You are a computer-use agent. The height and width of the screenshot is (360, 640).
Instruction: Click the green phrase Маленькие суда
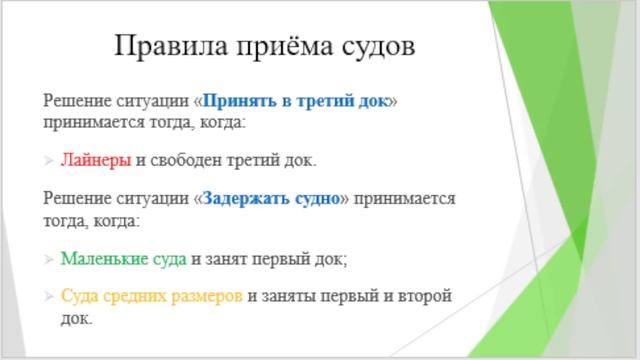tap(123, 258)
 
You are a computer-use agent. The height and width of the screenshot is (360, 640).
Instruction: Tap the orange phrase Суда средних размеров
tap(151, 297)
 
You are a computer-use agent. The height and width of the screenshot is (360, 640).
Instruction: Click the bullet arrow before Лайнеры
tap(50, 160)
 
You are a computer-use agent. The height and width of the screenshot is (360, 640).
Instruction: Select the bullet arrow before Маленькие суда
tap(50, 259)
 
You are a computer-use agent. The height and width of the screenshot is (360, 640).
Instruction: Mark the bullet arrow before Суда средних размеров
tap(50, 297)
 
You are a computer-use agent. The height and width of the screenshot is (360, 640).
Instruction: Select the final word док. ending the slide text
tap(76, 319)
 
